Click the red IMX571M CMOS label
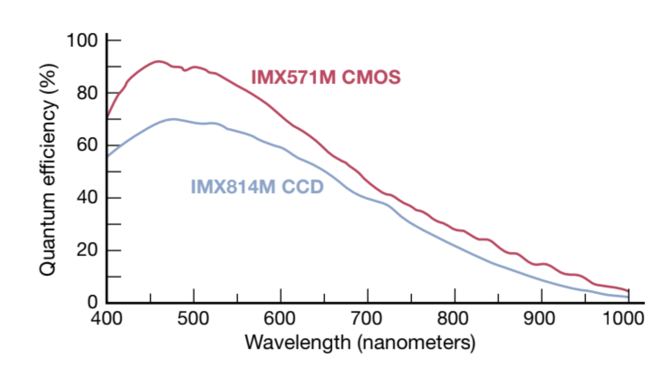tap(326, 77)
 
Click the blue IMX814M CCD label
tap(257, 187)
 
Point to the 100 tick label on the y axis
tap(82, 41)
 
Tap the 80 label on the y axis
tap(87, 93)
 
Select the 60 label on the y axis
tap(87, 146)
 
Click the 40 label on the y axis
tap(87, 198)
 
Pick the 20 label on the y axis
tap(87, 250)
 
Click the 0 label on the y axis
tap(92, 302)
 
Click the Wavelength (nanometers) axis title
tap(360, 342)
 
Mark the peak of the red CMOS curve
tap(158, 61)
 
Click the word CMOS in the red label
tap(372, 77)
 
